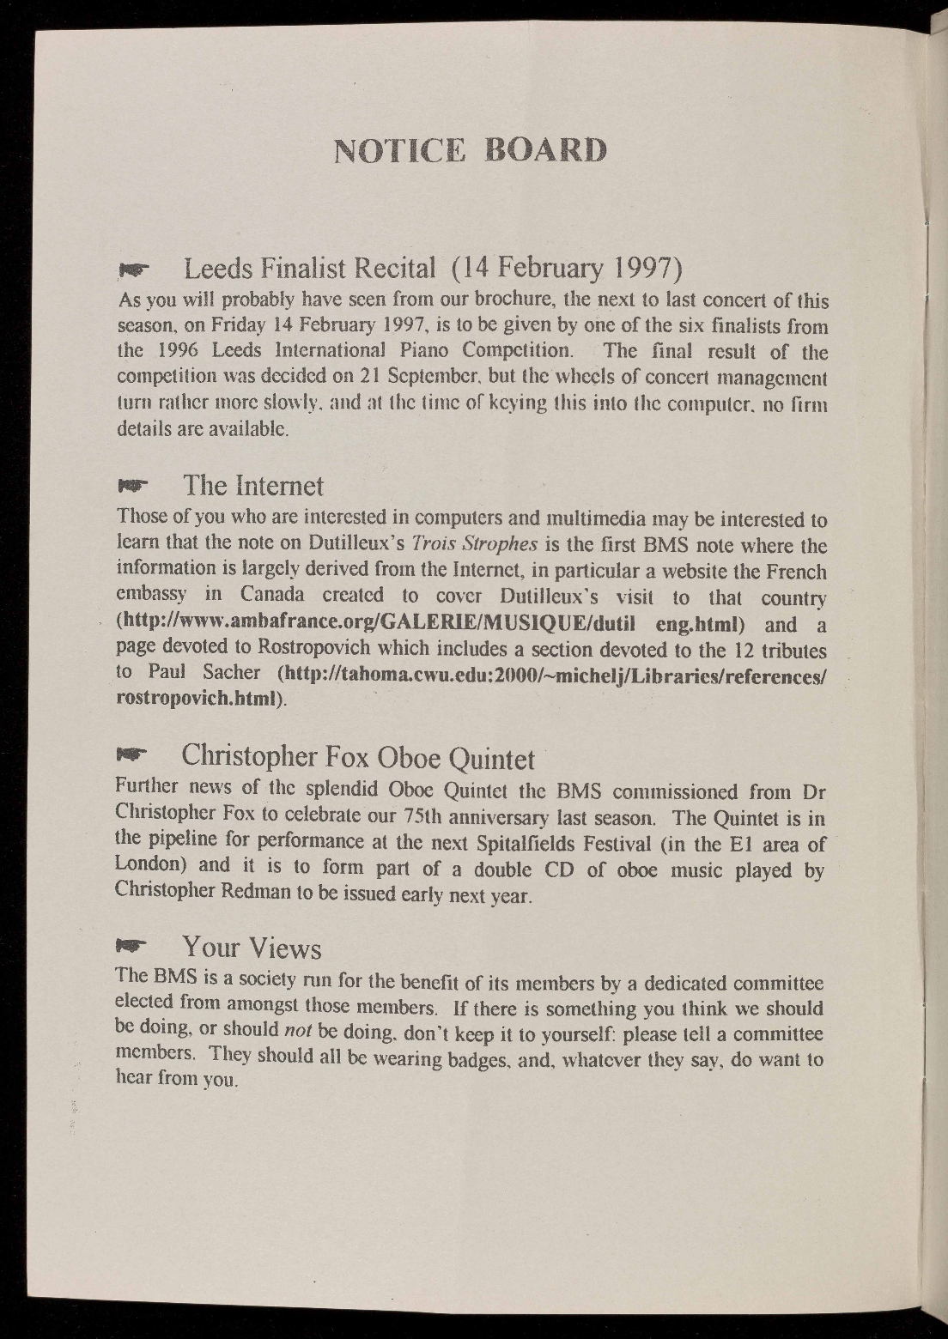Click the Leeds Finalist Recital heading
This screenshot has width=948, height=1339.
pos(434,270)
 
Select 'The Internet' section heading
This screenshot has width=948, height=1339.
pos(253,486)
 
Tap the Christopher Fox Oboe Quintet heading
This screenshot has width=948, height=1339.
pos(358,758)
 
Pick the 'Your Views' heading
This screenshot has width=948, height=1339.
pos(252,948)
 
